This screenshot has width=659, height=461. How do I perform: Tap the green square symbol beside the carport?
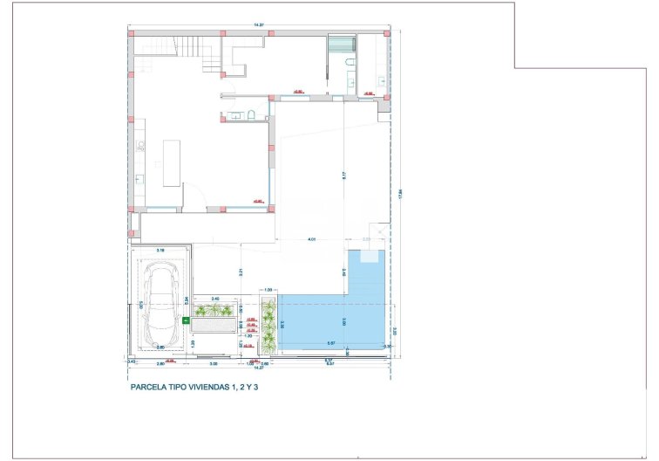(x=185, y=321)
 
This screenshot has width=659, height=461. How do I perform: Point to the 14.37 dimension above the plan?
(x=258, y=25)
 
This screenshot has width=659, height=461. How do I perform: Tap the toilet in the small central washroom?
(x=250, y=115)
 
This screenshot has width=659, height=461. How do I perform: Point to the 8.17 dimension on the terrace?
(x=345, y=175)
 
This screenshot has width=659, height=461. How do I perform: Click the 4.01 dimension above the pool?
(x=310, y=239)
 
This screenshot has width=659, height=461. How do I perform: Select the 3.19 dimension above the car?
(x=160, y=250)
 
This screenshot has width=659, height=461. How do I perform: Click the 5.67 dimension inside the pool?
(x=331, y=343)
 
